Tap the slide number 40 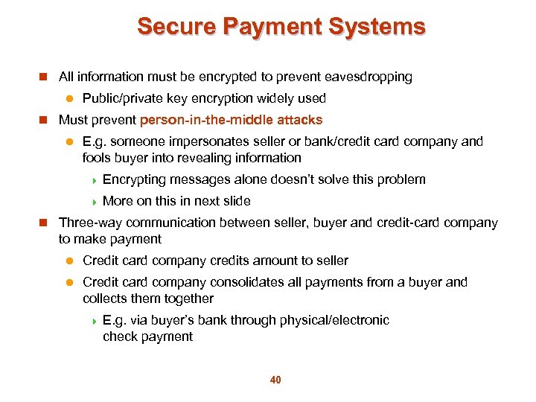coord(275,380)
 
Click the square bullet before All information coord(43,77)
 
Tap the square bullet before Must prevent coord(43,120)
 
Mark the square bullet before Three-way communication coord(43,223)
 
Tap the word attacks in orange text coord(299,120)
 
